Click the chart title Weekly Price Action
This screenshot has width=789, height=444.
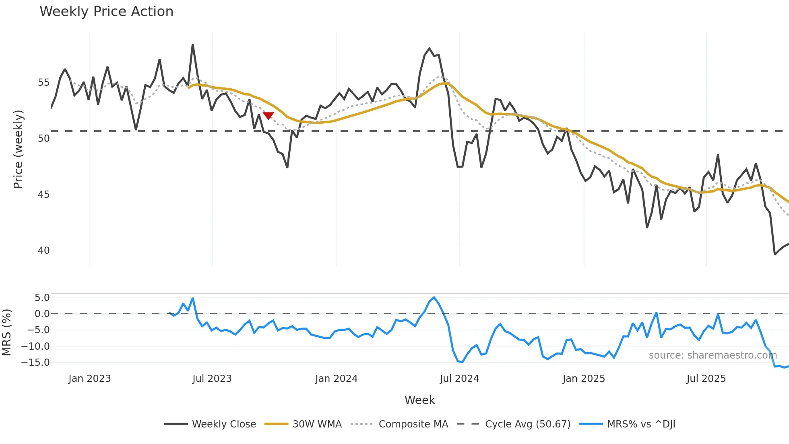(106, 12)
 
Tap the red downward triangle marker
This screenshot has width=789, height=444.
(269, 116)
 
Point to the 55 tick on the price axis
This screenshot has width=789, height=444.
(43, 83)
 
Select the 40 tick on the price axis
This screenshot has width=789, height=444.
(43, 250)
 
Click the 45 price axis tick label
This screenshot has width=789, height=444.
(43, 194)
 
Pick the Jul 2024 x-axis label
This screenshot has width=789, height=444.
(459, 379)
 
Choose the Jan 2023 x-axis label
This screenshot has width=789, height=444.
(89, 379)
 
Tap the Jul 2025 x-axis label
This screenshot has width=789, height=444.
(706, 379)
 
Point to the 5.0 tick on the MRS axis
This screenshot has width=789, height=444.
(42, 298)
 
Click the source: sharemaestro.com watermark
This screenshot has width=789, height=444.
(713, 355)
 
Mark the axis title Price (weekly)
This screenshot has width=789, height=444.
(18, 149)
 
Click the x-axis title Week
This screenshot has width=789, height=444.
(419, 400)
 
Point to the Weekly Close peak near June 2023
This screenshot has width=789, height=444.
(192, 45)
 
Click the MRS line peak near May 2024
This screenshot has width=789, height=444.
(434, 297)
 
